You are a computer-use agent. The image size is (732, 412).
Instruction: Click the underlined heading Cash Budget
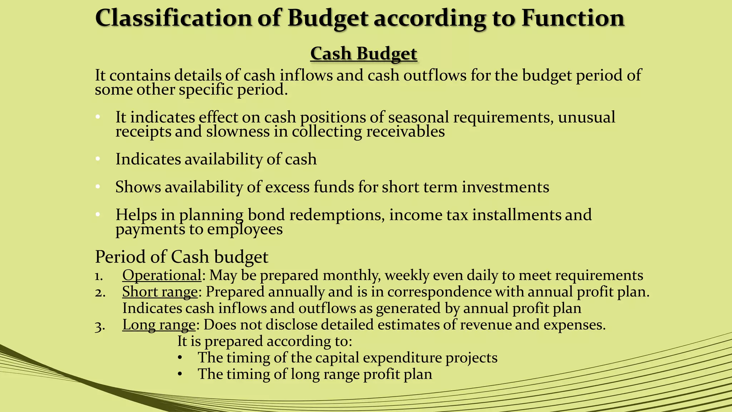[363, 54]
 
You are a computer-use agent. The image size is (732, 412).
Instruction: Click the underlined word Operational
[162, 275]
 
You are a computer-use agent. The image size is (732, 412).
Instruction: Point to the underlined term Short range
[160, 291]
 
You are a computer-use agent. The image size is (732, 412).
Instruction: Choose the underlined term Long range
[159, 325]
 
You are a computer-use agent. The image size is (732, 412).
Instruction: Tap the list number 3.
[99, 325]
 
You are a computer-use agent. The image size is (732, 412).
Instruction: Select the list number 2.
[100, 292]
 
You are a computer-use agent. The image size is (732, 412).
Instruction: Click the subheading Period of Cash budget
[182, 257]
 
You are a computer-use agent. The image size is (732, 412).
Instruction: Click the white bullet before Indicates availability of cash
[98, 159]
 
